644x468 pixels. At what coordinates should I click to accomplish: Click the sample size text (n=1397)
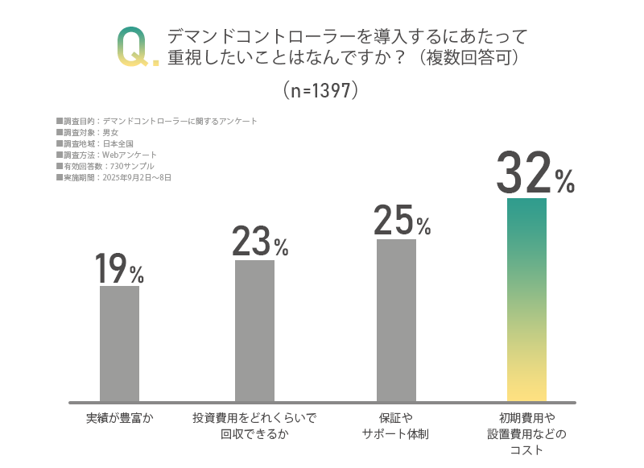point(320,90)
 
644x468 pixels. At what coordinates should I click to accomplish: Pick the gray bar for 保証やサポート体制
point(396,320)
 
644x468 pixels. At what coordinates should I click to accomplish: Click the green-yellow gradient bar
point(526,299)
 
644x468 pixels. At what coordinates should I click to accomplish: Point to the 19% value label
point(119,269)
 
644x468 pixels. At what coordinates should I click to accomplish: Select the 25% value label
point(402,221)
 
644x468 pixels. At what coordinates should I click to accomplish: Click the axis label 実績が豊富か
point(119,418)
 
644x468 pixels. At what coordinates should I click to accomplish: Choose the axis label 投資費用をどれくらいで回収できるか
point(254,426)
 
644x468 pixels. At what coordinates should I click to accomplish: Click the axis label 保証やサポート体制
point(395,426)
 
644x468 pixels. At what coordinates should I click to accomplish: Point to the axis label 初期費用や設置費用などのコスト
point(526,434)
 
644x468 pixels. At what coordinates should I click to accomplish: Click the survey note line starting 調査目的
point(157,121)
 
